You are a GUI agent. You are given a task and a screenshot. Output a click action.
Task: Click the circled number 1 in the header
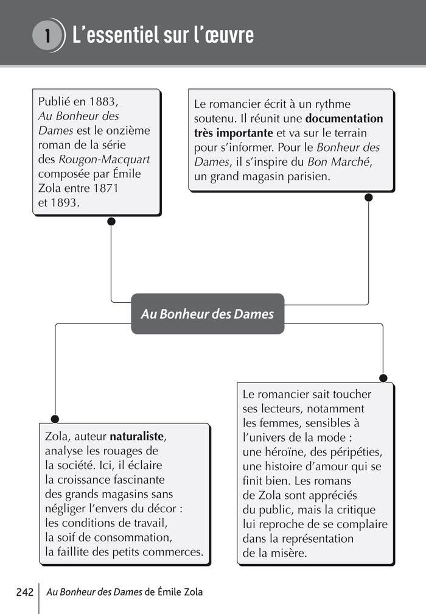[x=47, y=35]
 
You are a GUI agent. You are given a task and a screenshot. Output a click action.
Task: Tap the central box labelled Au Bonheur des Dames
[x=208, y=314]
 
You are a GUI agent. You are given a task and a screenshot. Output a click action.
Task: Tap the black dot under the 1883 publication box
[x=111, y=221]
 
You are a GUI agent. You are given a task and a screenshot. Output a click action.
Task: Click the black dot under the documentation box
[x=368, y=197]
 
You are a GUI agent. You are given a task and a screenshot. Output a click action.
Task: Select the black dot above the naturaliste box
[x=55, y=419]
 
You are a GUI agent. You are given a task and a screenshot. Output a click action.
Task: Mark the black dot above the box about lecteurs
[x=383, y=378]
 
